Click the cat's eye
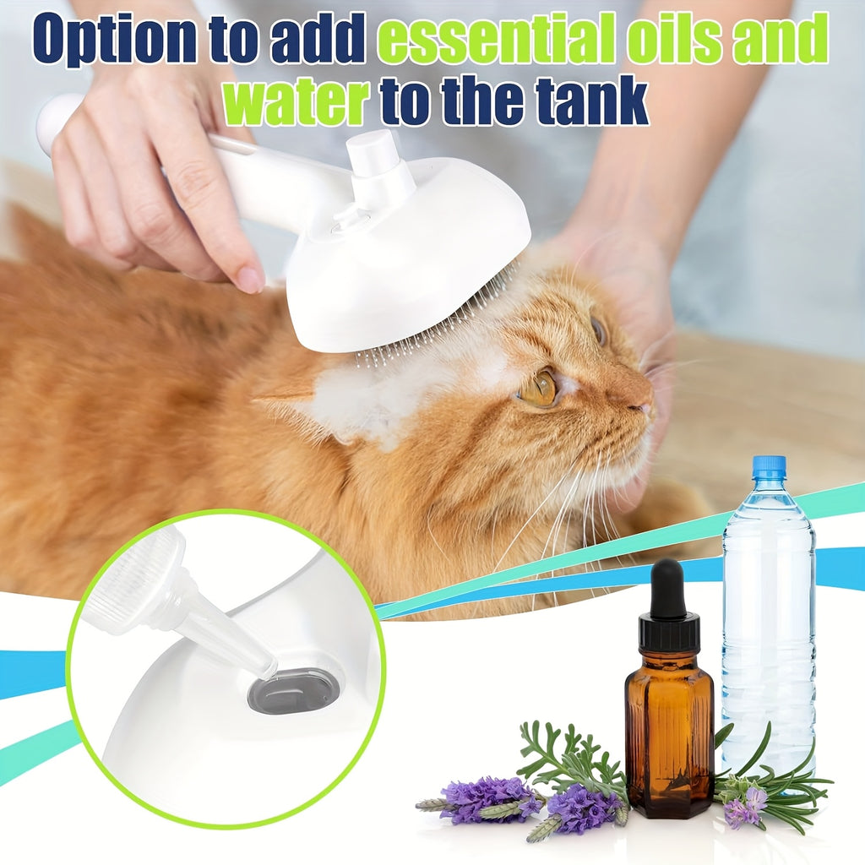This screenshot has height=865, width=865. click(x=539, y=388)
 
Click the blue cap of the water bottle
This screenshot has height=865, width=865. click(x=768, y=467)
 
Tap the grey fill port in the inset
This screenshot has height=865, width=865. click(x=293, y=690)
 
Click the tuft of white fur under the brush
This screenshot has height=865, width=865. click(x=380, y=397)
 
